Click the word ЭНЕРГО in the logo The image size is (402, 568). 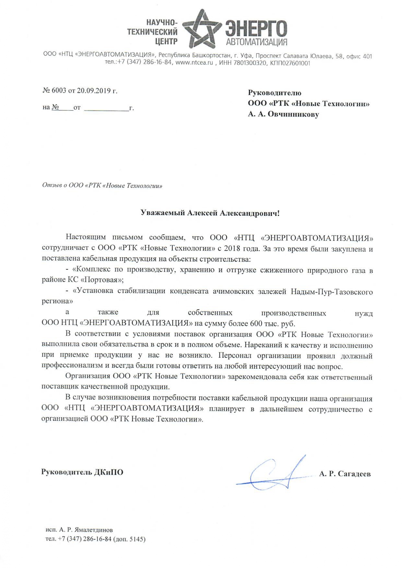tap(256, 28)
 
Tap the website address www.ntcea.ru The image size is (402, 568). tap(194, 63)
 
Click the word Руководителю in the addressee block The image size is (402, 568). tap(275, 93)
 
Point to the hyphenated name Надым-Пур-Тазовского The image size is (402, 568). tap(332, 292)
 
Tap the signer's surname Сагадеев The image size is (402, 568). tap(354, 474)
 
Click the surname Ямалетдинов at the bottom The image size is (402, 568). tap(94, 530)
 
